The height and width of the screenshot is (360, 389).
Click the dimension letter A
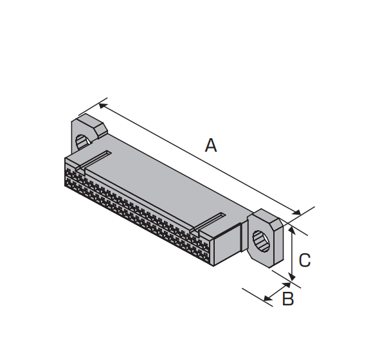(211, 145)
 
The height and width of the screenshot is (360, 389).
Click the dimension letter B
(288, 299)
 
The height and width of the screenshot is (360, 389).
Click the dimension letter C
(305, 260)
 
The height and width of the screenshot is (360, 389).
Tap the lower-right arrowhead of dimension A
(297, 212)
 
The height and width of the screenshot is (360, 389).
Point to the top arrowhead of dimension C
(293, 230)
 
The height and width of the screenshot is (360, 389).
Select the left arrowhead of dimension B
(268, 298)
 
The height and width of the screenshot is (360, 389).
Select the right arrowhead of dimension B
(286, 285)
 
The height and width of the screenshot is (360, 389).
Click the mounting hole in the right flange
(261, 241)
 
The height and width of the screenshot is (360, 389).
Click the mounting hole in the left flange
(82, 143)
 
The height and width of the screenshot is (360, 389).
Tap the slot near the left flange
(94, 160)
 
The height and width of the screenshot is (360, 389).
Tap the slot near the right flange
(208, 222)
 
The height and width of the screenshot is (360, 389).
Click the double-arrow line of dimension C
(293, 253)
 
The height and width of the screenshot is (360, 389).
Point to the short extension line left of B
(257, 297)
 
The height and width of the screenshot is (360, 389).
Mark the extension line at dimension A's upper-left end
(93, 107)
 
